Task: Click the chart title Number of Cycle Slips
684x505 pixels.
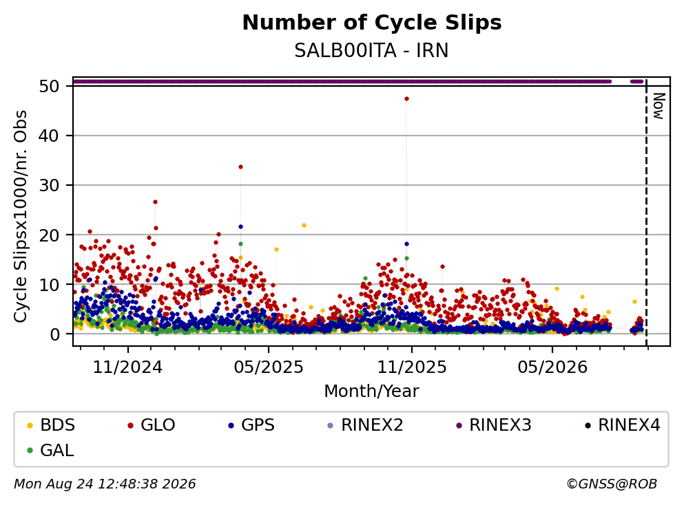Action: point(372,23)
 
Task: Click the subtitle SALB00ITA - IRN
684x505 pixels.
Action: point(371,50)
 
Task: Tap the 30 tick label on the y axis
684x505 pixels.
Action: point(49,185)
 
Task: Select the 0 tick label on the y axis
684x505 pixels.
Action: point(54,334)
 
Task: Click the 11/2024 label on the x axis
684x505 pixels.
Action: point(127,367)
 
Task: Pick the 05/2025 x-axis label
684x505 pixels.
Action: point(268,367)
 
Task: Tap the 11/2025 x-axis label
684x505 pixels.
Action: point(412,367)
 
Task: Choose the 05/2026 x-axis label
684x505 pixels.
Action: point(552,367)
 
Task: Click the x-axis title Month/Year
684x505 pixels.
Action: point(371,391)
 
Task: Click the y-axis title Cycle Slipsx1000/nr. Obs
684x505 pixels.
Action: point(20,216)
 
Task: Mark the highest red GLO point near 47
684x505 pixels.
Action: point(406,99)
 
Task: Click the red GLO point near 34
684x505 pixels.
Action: point(240,167)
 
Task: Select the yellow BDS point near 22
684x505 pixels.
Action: point(304,225)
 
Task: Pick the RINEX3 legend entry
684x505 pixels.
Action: point(494,425)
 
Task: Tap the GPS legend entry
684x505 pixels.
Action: point(251,425)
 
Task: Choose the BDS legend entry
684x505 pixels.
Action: point(50,425)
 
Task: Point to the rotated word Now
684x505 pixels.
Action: point(659,106)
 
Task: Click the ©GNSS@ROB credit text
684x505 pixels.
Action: point(612,484)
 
